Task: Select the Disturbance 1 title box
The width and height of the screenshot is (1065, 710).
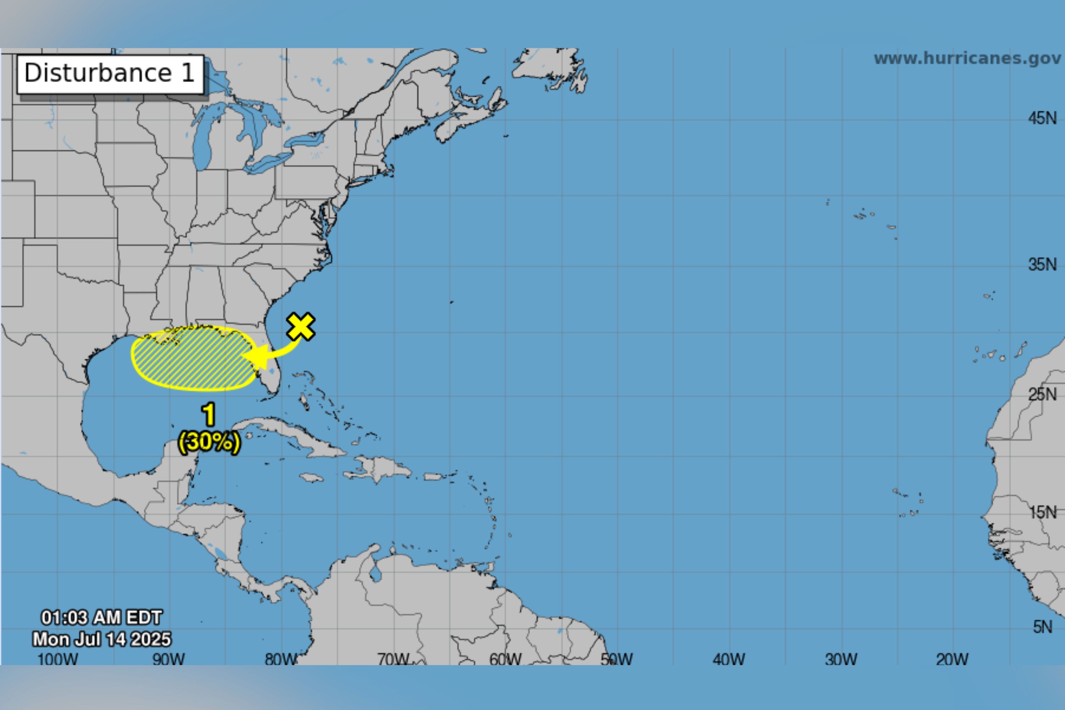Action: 110,74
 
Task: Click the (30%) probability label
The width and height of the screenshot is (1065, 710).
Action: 209,442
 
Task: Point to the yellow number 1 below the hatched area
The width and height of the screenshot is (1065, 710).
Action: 209,414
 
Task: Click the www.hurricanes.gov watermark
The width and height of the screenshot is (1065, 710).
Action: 967,59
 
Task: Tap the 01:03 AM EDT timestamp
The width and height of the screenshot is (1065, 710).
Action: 102,617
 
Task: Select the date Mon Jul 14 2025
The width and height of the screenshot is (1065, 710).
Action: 102,639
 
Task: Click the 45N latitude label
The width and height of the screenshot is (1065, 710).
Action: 1042,119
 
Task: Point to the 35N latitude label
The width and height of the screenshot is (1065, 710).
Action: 1042,264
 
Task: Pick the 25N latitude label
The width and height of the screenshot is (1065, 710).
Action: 1042,394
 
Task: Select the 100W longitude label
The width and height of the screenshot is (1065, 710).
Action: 58,659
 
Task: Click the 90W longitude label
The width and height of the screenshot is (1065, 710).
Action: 168,659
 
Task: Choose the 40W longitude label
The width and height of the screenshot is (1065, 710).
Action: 728,659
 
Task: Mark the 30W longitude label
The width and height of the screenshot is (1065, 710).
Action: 841,659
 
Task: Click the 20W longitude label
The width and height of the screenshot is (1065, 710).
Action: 952,659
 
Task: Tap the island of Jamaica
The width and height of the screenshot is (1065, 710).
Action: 312,477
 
